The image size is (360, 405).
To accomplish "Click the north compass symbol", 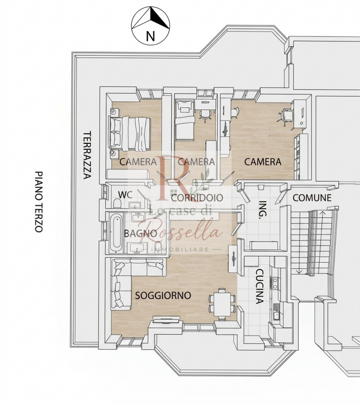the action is pos(150,26).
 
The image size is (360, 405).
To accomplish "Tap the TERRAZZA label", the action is pos(87,155).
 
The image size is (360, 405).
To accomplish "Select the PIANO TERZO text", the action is pos(39,201).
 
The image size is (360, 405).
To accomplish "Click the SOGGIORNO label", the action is pos(163,296).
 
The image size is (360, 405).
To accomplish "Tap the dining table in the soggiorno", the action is pos(222,305).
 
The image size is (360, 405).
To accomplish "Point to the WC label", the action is pos(125,195).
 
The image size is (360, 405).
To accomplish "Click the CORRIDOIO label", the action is pos(197,198).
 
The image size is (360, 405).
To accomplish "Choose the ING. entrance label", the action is pos(263,210).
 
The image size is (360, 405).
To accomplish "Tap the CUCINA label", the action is pos(260,287).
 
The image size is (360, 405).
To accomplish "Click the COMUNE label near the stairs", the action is pos(312,198).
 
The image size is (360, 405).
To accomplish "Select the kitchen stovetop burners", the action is pos(275,283).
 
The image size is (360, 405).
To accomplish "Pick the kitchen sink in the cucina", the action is pos(276,313).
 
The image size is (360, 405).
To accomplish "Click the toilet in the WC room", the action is pos(117,204).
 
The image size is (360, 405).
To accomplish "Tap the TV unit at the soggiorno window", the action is pos(166,320).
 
